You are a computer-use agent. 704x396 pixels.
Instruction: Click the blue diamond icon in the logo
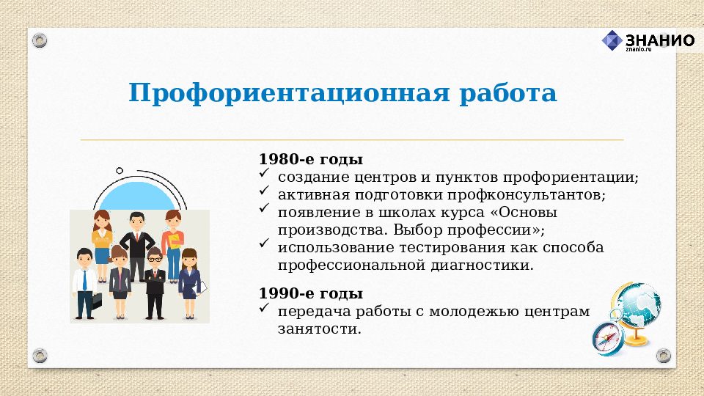612,40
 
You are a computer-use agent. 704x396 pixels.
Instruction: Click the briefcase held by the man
97,301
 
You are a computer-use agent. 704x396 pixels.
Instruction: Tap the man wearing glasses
154,282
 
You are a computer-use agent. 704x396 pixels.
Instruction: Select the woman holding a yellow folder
173,242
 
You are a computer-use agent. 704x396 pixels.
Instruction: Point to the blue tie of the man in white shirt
84,279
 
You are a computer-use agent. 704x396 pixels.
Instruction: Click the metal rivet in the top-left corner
40,39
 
